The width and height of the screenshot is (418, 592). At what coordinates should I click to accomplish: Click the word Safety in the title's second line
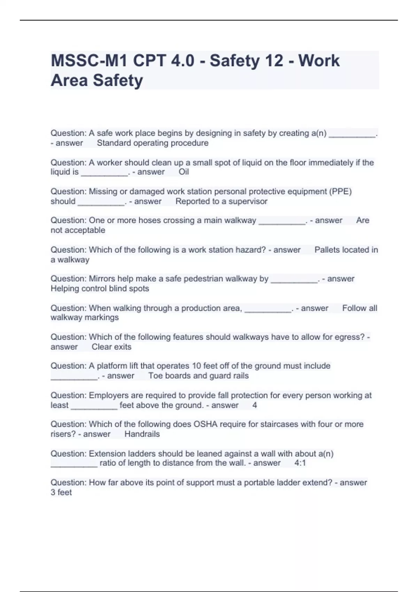pos(118,80)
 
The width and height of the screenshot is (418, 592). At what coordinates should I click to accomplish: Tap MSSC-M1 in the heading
pos(89,61)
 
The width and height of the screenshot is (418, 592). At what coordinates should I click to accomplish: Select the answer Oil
pos(184,172)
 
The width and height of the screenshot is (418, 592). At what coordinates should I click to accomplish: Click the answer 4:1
pos(300,463)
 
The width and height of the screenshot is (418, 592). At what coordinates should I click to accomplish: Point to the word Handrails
pos(142,434)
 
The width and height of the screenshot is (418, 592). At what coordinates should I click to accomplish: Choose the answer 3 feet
pos(61,492)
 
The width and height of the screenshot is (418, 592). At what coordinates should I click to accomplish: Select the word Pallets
pos(329,250)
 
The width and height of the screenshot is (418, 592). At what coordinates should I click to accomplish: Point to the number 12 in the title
pos(274,61)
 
